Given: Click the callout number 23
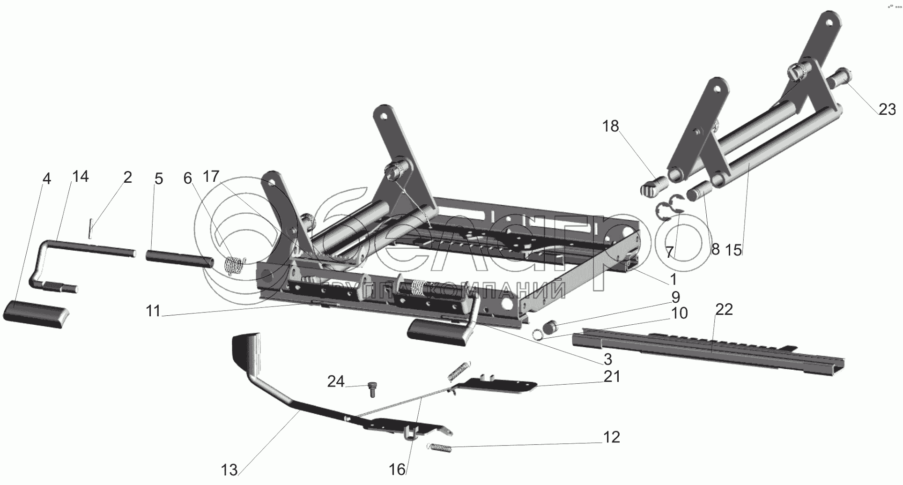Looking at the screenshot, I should (x=887, y=109).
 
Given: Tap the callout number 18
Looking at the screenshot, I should (x=611, y=126).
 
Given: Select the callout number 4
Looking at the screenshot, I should (x=46, y=179).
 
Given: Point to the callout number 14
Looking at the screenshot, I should (x=80, y=177).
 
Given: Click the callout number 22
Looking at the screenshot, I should (x=724, y=309).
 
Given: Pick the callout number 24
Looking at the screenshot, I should (x=336, y=381).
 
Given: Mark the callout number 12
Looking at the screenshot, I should (x=612, y=437).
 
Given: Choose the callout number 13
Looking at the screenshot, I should (x=229, y=470).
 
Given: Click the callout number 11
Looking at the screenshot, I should (x=153, y=311).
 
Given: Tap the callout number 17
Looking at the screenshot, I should (x=211, y=177).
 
